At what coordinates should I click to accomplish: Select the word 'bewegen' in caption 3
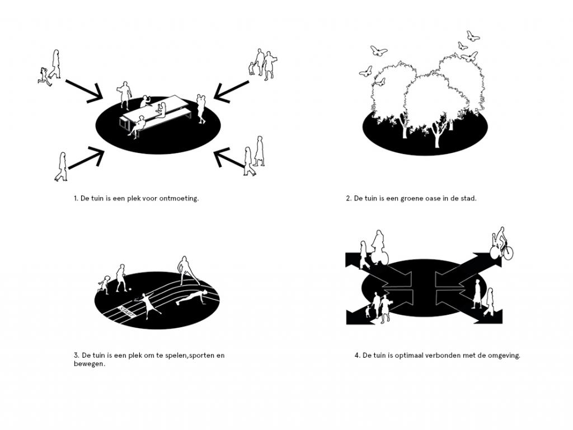click(89, 364)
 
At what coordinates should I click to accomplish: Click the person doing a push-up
click(191, 297)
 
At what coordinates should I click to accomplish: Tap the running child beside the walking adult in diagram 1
click(44, 76)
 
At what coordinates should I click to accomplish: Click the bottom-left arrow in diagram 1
click(86, 157)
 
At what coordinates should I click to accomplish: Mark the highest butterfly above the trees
click(473, 36)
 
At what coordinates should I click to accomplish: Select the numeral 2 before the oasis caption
click(349, 199)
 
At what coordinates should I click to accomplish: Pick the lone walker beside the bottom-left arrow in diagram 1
click(62, 167)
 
